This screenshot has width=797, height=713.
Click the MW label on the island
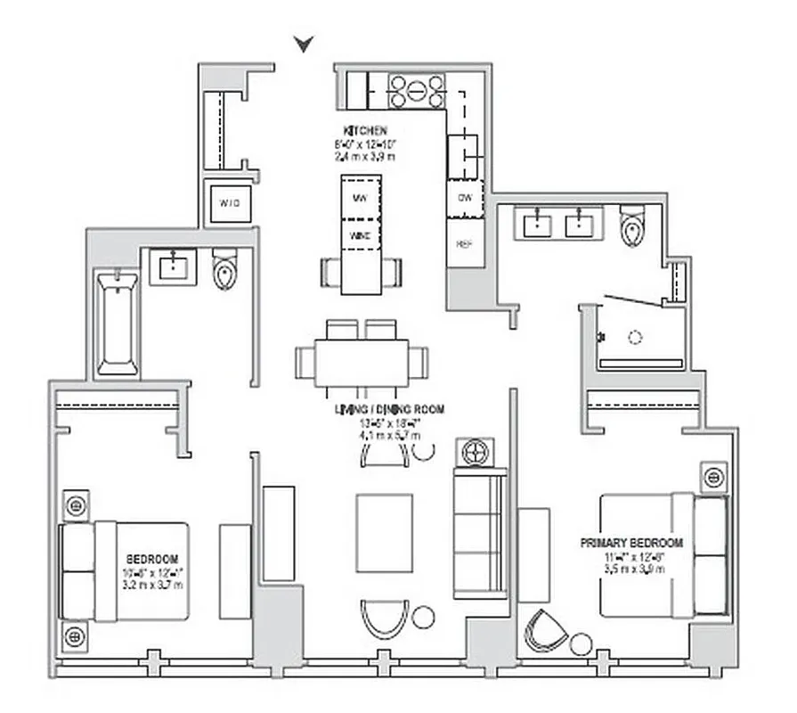click(x=361, y=197)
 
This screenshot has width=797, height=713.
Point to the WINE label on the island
click(x=361, y=236)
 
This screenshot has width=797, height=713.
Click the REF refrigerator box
click(x=465, y=243)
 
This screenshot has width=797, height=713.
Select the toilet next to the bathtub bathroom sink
click(x=225, y=269)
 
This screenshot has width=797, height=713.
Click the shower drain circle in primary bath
click(x=635, y=337)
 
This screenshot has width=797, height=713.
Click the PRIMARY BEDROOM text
click(x=632, y=542)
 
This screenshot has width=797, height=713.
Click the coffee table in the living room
click(x=385, y=533)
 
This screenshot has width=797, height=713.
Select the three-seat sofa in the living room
click(x=479, y=534)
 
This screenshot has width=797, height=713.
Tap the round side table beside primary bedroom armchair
click(x=581, y=643)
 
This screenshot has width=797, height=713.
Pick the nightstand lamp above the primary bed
click(x=712, y=477)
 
